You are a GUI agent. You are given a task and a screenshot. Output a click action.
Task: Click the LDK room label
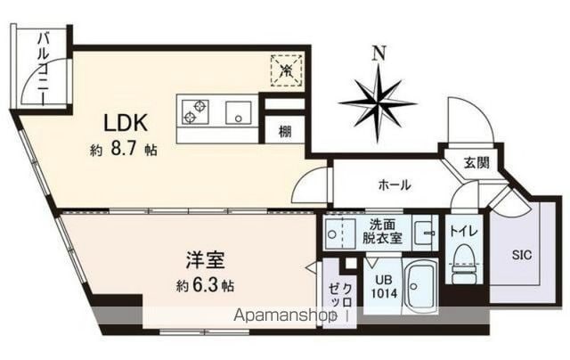click(126, 123)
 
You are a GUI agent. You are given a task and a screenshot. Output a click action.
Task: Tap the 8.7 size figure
click(124, 150)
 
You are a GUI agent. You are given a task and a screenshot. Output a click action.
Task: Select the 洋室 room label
click(206, 260)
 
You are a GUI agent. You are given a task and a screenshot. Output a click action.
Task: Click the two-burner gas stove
click(193, 112)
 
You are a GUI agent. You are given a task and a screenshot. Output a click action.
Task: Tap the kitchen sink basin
click(239, 113)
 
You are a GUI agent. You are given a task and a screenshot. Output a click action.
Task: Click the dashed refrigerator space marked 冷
click(287, 70)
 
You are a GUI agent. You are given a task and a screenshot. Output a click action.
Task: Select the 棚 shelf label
click(285, 131)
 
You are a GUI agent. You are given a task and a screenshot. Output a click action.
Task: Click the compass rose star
click(378, 102)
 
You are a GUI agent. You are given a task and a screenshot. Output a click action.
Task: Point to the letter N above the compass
click(379, 54)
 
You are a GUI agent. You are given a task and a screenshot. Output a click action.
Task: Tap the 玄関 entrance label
click(476, 162)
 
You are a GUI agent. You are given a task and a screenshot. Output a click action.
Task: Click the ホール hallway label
click(395, 185)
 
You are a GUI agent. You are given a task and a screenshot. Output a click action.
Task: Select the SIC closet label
click(522, 255)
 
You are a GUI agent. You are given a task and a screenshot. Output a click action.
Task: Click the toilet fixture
click(463, 264)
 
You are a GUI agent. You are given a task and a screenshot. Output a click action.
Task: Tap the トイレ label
click(463, 231)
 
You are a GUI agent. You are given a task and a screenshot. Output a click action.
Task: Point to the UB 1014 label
click(384, 287)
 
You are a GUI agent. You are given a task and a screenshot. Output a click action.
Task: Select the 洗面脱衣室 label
click(382, 232)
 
